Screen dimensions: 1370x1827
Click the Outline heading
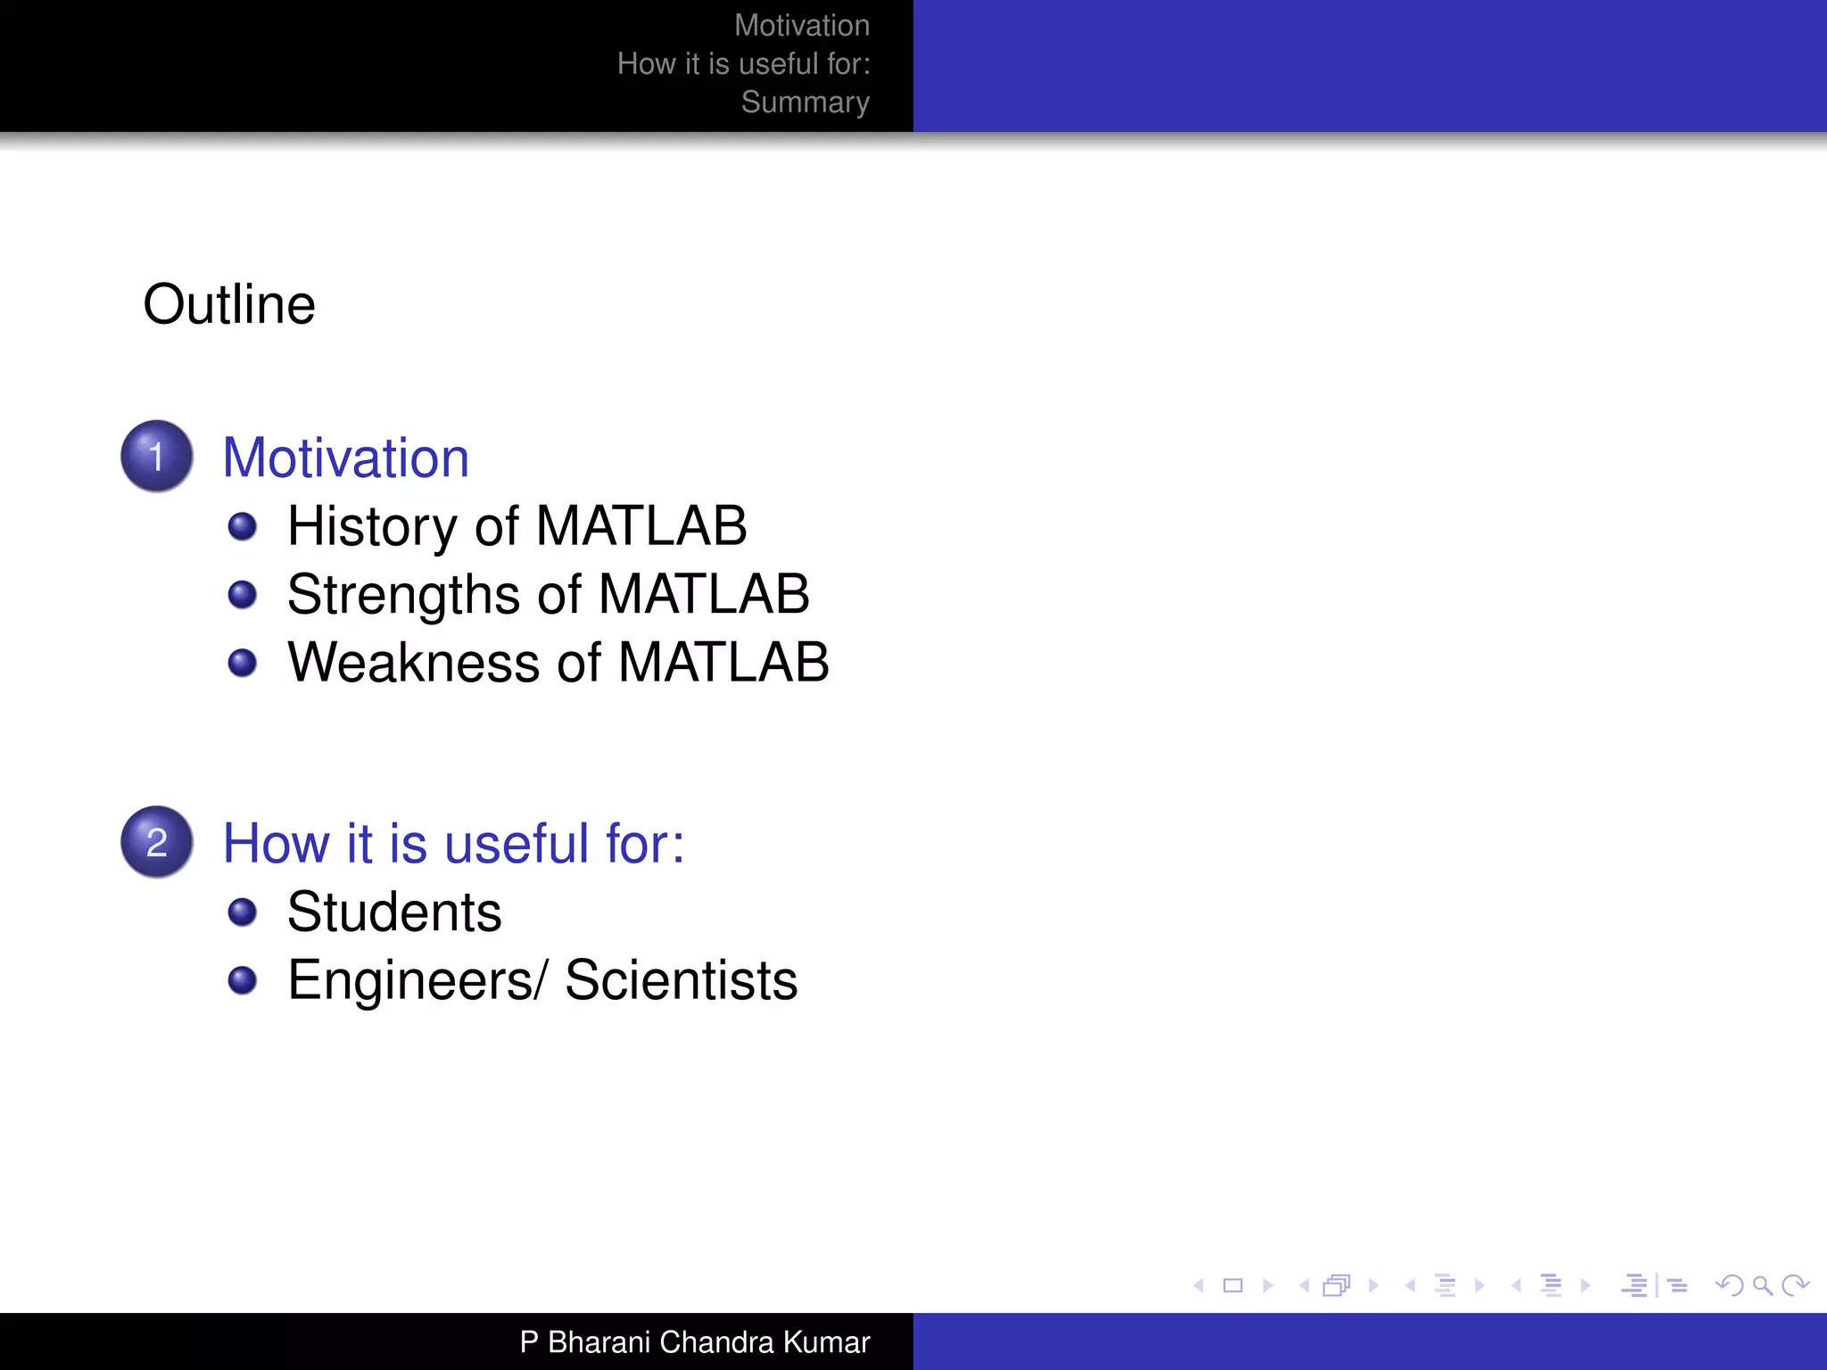click(229, 304)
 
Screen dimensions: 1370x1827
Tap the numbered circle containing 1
click(157, 456)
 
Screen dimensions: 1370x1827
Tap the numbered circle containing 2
click(157, 842)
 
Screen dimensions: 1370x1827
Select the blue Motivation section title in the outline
click(345, 458)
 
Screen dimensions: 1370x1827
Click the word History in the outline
click(373, 526)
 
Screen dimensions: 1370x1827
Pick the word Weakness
click(414, 663)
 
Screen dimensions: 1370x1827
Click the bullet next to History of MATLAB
click(242, 526)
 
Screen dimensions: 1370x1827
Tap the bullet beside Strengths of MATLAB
click(242, 594)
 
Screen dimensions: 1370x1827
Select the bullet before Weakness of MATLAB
click(242, 663)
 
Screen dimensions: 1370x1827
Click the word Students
click(394, 912)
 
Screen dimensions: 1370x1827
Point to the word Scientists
click(681, 980)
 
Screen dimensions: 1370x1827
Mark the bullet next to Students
click(242, 912)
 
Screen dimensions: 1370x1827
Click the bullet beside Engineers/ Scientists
click(242, 980)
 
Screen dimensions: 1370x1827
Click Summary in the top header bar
click(805, 103)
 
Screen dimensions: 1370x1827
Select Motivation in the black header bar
click(801, 26)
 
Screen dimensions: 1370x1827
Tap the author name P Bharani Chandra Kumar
click(694, 1341)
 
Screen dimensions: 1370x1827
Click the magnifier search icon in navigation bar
click(1762, 1285)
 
